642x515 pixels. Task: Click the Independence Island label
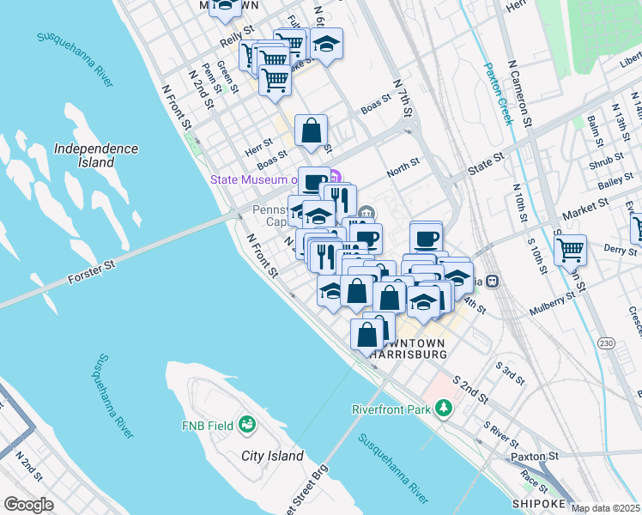pyautogui.click(x=96, y=154)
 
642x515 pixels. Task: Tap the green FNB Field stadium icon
pyautogui.click(x=247, y=423)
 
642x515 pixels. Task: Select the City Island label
pyautogui.click(x=272, y=456)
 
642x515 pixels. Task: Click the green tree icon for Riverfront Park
pyautogui.click(x=443, y=409)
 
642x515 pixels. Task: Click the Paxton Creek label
pyautogui.click(x=498, y=94)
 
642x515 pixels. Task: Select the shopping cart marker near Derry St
pyautogui.click(x=570, y=250)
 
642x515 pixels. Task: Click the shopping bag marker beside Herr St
pyautogui.click(x=312, y=131)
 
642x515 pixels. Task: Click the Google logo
pyautogui.click(x=29, y=505)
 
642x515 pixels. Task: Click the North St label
pyautogui.click(x=403, y=167)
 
